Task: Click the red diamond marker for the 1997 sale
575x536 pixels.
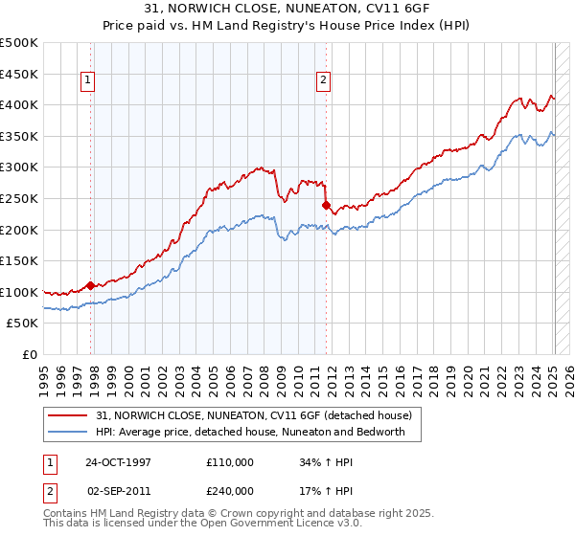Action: (x=91, y=285)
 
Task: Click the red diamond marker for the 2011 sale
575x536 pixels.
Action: (x=326, y=204)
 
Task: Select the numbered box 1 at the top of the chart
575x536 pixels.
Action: (x=87, y=81)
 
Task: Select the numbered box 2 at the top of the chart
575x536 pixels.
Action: (x=323, y=81)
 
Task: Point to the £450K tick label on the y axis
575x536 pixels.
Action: (x=19, y=74)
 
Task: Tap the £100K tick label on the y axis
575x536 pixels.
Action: (x=19, y=292)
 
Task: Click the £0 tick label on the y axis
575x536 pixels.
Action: (x=29, y=354)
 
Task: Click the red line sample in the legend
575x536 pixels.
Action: (x=69, y=415)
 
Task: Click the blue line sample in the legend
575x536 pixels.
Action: (x=69, y=432)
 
